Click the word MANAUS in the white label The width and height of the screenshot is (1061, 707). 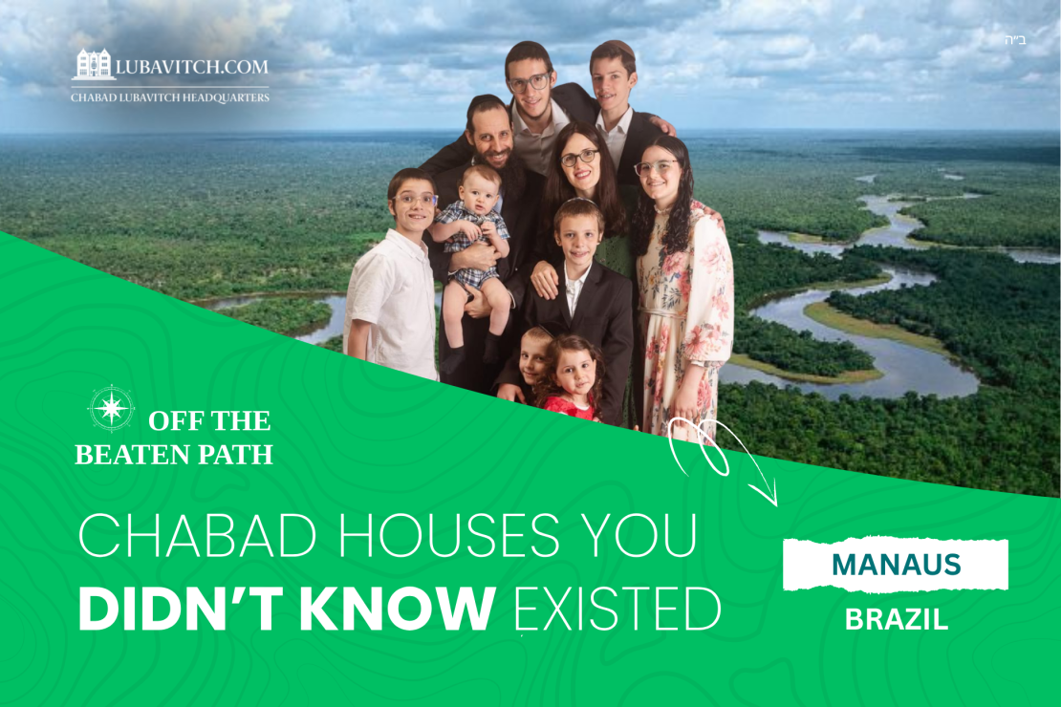pyautogui.click(x=896, y=565)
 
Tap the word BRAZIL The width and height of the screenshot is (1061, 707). pyautogui.click(x=897, y=620)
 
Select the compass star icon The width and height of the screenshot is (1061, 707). pyautogui.click(x=111, y=408)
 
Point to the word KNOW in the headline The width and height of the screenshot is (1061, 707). pyautogui.click(x=397, y=608)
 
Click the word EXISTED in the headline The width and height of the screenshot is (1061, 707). pyautogui.click(x=617, y=609)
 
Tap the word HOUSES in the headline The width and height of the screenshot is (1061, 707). pyautogui.click(x=448, y=534)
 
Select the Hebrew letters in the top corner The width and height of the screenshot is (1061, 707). pyautogui.click(x=1015, y=40)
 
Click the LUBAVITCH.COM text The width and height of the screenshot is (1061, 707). pyautogui.click(x=192, y=67)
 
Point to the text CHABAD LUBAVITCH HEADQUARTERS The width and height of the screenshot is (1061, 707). pyautogui.click(x=170, y=97)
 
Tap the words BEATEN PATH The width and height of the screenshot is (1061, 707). pyautogui.click(x=174, y=455)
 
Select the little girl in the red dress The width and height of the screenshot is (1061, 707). pyautogui.click(x=571, y=379)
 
